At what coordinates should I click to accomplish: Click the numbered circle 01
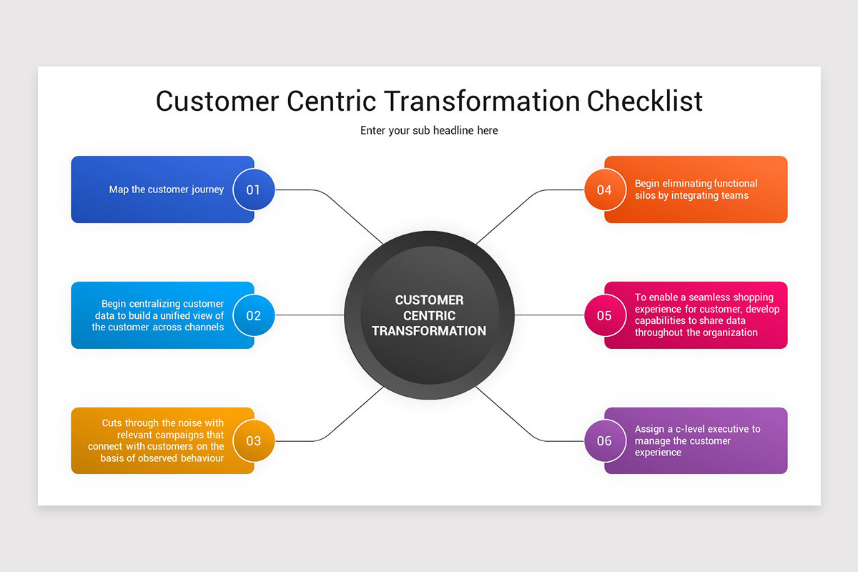(x=253, y=189)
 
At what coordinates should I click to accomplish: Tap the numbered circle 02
(x=253, y=315)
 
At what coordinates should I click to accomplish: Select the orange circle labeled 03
(x=253, y=440)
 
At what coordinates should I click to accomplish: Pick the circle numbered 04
(x=604, y=189)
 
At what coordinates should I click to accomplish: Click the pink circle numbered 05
(x=604, y=315)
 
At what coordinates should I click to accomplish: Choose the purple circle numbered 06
(x=604, y=440)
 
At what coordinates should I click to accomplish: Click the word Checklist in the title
(x=645, y=101)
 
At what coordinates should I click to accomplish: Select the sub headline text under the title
(x=429, y=131)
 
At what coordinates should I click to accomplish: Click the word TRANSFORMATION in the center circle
(x=429, y=331)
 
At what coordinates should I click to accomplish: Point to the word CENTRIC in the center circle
(x=429, y=315)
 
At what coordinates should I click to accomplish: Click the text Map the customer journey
(x=166, y=189)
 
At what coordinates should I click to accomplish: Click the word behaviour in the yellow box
(x=194, y=458)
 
